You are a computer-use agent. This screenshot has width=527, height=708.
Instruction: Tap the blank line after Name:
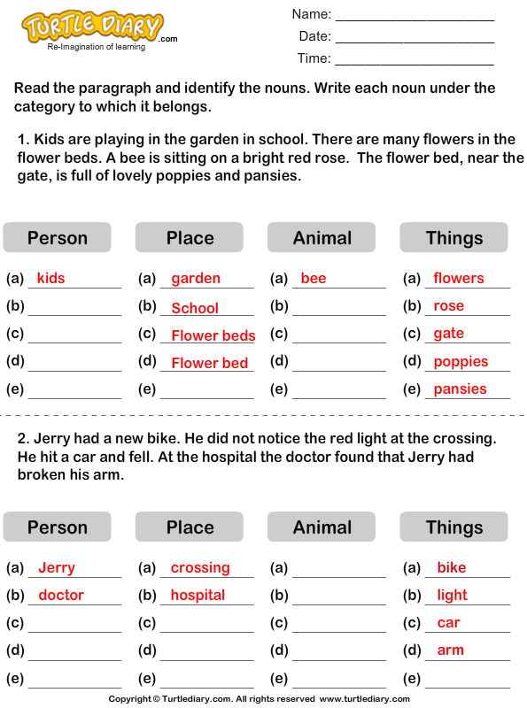point(415,16)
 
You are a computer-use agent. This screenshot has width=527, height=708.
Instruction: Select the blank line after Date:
point(415,38)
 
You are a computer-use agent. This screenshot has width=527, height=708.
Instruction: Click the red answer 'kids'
point(51,279)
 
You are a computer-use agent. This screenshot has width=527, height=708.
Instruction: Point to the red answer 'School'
point(195,308)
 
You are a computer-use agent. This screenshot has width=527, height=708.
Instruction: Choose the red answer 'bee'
point(314,279)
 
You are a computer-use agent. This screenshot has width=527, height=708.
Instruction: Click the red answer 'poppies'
point(461,361)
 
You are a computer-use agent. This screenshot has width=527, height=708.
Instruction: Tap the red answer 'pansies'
point(460,389)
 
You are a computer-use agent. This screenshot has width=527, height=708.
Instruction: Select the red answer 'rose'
point(448,306)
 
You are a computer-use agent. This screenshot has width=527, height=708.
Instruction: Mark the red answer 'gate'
point(448,334)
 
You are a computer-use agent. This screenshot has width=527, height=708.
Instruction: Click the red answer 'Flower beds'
point(213,335)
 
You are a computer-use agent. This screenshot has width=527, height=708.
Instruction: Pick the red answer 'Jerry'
point(57,568)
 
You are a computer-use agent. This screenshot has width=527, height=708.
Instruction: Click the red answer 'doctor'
point(61,595)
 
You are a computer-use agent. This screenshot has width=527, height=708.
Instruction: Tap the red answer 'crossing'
point(200,568)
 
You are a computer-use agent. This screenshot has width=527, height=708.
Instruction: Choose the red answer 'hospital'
point(198,595)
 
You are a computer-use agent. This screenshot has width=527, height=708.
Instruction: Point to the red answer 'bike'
point(451,568)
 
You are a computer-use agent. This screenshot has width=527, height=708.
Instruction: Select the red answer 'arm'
point(450,650)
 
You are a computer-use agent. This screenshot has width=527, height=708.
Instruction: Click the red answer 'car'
point(448,622)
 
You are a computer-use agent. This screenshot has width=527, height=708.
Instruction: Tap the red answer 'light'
point(452,595)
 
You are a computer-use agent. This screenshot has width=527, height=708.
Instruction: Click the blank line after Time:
point(415,60)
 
